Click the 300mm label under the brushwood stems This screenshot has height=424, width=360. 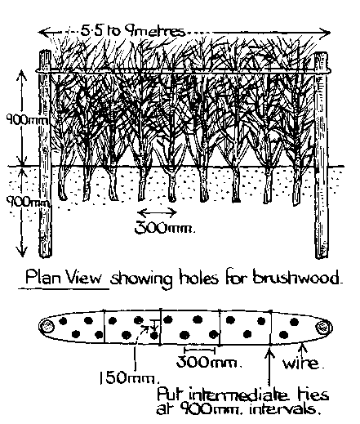(x=165, y=227)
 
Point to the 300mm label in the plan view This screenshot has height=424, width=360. (x=209, y=363)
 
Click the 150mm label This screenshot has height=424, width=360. (x=129, y=378)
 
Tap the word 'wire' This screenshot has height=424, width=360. (x=303, y=364)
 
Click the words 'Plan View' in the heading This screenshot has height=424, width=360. (x=64, y=278)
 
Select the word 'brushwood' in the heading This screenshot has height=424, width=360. (x=297, y=278)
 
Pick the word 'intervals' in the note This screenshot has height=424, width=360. (x=283, y=409)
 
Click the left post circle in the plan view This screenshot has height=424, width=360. (x=47, y=326)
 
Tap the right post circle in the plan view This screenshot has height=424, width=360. (x=323, y=327)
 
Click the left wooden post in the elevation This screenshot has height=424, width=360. (x=45, y=154)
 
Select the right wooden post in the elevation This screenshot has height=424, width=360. (x=321, y=155)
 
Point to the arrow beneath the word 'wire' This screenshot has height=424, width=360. (x=303, y=350)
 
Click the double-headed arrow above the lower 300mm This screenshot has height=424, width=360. (x=157, y=212)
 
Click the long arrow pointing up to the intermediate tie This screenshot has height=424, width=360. (x=269, y=367)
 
